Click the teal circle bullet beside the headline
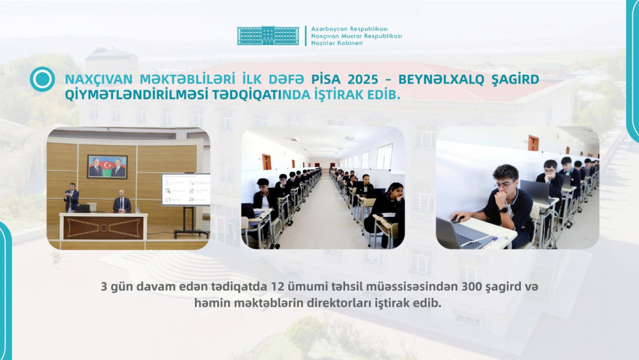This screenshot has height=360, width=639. (x=42, y=79)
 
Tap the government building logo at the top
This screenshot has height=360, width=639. (x=268, y=36)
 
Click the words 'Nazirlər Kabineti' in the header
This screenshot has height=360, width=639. (x=337, y=43)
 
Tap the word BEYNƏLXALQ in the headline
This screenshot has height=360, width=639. (x=448, y=79)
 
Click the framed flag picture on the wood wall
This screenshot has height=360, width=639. (x=107, y=166)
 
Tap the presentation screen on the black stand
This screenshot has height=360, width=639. (x=185, y=189)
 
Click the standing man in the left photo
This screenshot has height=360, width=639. (x=71, y=198)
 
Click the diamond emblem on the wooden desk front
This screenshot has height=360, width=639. (x=104, y=228)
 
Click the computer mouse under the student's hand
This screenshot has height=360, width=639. (x=455, y=219)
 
